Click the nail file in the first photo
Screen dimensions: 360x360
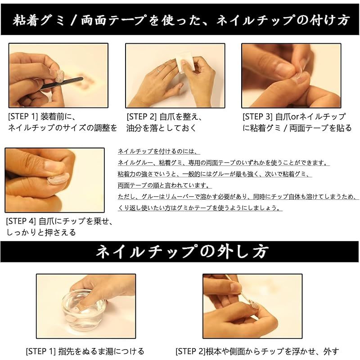click(x=62, y=83)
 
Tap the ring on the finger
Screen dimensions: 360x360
click(x=159, y=71)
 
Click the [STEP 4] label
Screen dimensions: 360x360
click(x=21, y=221)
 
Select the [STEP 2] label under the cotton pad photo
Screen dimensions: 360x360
click(x=141, y=117)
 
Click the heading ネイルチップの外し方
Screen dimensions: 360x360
click(x=182, y=252)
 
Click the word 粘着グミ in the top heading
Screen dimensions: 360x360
click(x=38, y=20)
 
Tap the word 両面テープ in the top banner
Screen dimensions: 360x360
click(x=113, y=20)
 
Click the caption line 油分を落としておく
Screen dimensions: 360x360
click(x=161, y=128)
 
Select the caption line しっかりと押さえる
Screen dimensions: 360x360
click(x=41, y=232)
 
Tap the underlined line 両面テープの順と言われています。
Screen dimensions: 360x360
click(x=164, y=185)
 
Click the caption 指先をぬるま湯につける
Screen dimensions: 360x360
click(x=101, y=351)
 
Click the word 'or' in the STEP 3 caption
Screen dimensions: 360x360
click(x=295, y=117)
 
